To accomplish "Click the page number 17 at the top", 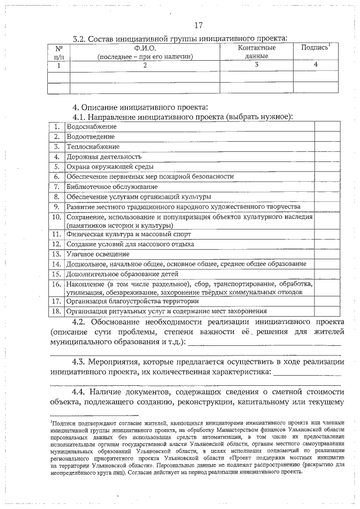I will pos(198,25).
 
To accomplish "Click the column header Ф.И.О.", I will pos(145,48).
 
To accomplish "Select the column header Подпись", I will pos(315,48).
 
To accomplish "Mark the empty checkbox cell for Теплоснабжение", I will pos(326,146).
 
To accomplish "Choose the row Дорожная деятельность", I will pos(103,156).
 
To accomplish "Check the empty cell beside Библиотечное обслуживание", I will pos(326,186).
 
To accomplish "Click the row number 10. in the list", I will pos(56,217).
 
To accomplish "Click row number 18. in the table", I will pos(56,310).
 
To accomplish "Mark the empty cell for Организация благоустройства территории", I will pos(326,301).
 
